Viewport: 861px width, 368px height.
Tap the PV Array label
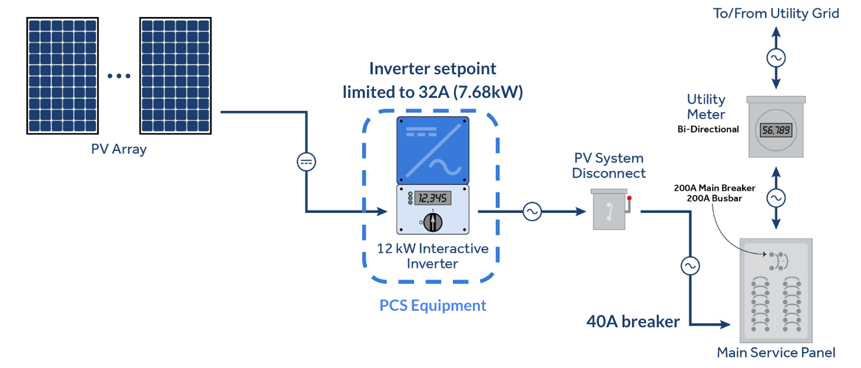118,149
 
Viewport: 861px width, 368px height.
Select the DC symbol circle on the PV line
306,162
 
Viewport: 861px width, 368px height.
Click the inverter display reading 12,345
432,198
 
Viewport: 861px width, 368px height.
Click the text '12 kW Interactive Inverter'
433,256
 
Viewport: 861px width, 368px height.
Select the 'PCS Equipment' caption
433,305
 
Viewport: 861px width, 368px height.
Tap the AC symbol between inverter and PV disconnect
532,211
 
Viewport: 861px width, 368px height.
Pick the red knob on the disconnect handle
629,198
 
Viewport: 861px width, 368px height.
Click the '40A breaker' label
633,322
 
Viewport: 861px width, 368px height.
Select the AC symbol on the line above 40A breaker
690,266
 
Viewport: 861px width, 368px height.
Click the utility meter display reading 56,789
776,130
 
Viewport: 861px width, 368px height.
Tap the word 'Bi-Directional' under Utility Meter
708,129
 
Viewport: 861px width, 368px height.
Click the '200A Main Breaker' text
714,188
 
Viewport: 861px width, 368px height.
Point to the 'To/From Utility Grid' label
776,13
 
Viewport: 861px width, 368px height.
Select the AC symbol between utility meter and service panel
776,198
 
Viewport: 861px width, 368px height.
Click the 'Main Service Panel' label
776,353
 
